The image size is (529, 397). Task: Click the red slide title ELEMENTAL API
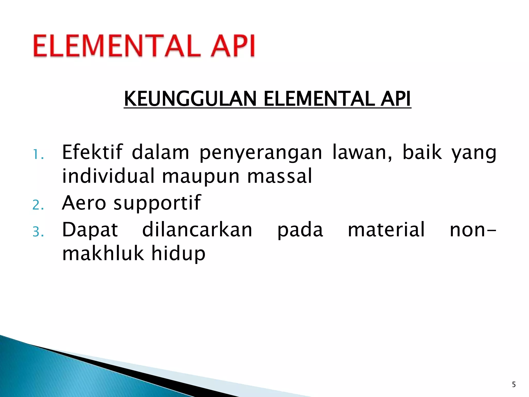coord(144,46)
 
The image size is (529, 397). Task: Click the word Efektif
coord(92,152)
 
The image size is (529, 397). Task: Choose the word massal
coord(280,176)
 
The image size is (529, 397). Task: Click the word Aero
coord(84,203)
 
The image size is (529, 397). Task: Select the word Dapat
coord(90,230)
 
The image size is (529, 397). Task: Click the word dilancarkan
coord(197,230)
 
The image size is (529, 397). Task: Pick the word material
coord(386,230)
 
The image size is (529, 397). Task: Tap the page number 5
coord(514,385)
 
